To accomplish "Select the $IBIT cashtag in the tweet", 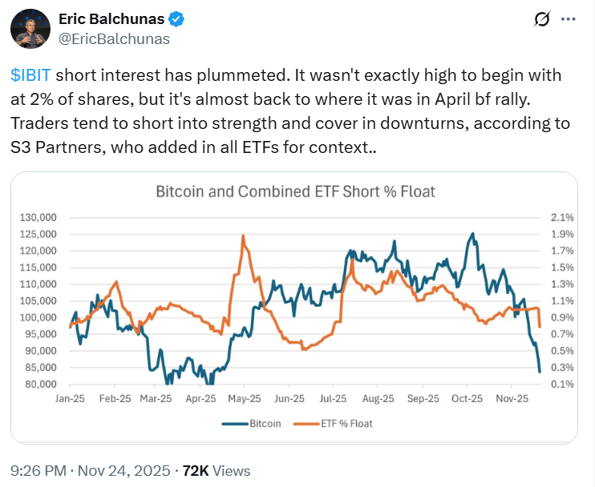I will (31, 75).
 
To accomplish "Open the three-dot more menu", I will (567, 18).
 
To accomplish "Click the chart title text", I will (295, 191).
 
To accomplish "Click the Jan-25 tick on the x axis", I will (71, 398).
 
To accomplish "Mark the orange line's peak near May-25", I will (242, 235).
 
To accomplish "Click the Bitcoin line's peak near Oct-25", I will (473, 234).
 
